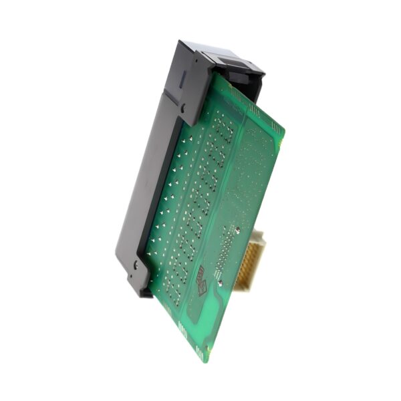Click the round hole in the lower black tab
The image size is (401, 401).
point(135,265)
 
